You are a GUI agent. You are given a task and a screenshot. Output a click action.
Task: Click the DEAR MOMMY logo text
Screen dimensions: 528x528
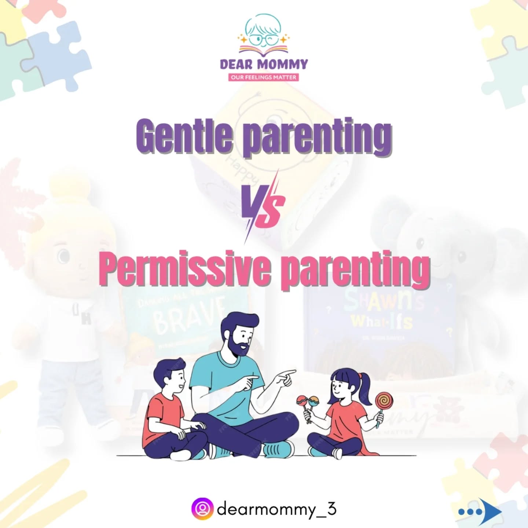264,65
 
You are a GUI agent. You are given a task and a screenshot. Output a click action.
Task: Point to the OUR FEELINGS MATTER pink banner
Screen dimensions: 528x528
264,77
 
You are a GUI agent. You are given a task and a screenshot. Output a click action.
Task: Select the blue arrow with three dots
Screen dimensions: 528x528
480,511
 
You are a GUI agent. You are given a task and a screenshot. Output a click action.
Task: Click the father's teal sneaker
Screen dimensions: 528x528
279,448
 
